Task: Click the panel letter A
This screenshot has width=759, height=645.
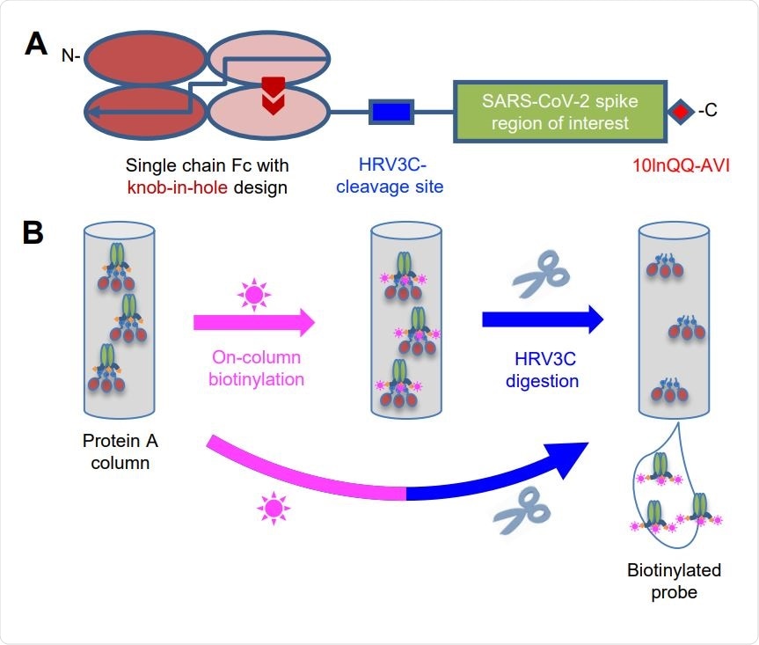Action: point(36,43)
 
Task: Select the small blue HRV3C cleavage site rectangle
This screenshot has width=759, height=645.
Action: point(390,113)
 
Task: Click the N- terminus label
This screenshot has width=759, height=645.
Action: point(69,55)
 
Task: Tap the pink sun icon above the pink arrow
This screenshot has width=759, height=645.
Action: point(252,293)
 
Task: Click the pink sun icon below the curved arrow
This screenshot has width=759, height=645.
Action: point(273,509)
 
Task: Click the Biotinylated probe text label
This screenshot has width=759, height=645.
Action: point(673,581)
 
